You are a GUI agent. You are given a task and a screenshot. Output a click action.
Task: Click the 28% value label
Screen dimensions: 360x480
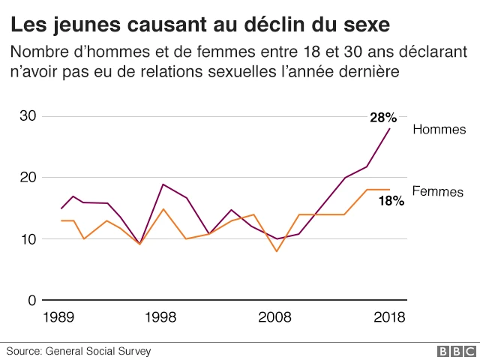click(x=382, y=117)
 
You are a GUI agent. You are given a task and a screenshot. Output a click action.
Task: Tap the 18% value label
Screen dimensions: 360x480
click(x=391, y=200)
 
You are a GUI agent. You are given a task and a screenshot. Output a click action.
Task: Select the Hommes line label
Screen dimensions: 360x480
click(x=439, y=130)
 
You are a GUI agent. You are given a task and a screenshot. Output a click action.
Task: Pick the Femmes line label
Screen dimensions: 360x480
click(x=439, y=191)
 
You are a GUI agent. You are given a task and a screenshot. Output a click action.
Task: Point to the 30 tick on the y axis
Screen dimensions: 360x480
click(x=28, y=116)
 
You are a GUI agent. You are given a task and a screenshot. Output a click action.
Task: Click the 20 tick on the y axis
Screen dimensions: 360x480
click(x=28, y=178)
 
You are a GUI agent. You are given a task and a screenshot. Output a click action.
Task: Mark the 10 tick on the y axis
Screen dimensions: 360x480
click(x=28, y=239)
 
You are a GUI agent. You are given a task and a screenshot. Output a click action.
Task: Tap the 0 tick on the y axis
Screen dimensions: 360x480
click(x=32, y=301)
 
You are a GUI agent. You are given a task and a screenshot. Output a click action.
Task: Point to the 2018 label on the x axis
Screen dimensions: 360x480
click(x=388, y=317)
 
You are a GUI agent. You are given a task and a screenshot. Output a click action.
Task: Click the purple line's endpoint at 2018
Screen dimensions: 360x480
click(x=389, y=128)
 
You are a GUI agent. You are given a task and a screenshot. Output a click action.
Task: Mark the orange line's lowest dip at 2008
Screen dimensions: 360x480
click(x=277, y=251)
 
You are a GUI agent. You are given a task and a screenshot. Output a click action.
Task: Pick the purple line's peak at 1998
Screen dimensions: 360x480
click(x=163, y=184)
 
